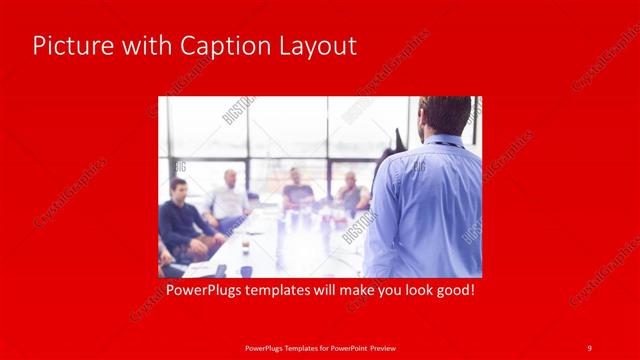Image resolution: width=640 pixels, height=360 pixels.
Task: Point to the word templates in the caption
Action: pos(274,291)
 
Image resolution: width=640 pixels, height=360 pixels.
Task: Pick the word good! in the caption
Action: pos(452,291)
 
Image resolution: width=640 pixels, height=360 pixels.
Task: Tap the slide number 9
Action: pos(589,346)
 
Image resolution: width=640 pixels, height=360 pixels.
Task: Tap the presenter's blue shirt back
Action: pos(430,200)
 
